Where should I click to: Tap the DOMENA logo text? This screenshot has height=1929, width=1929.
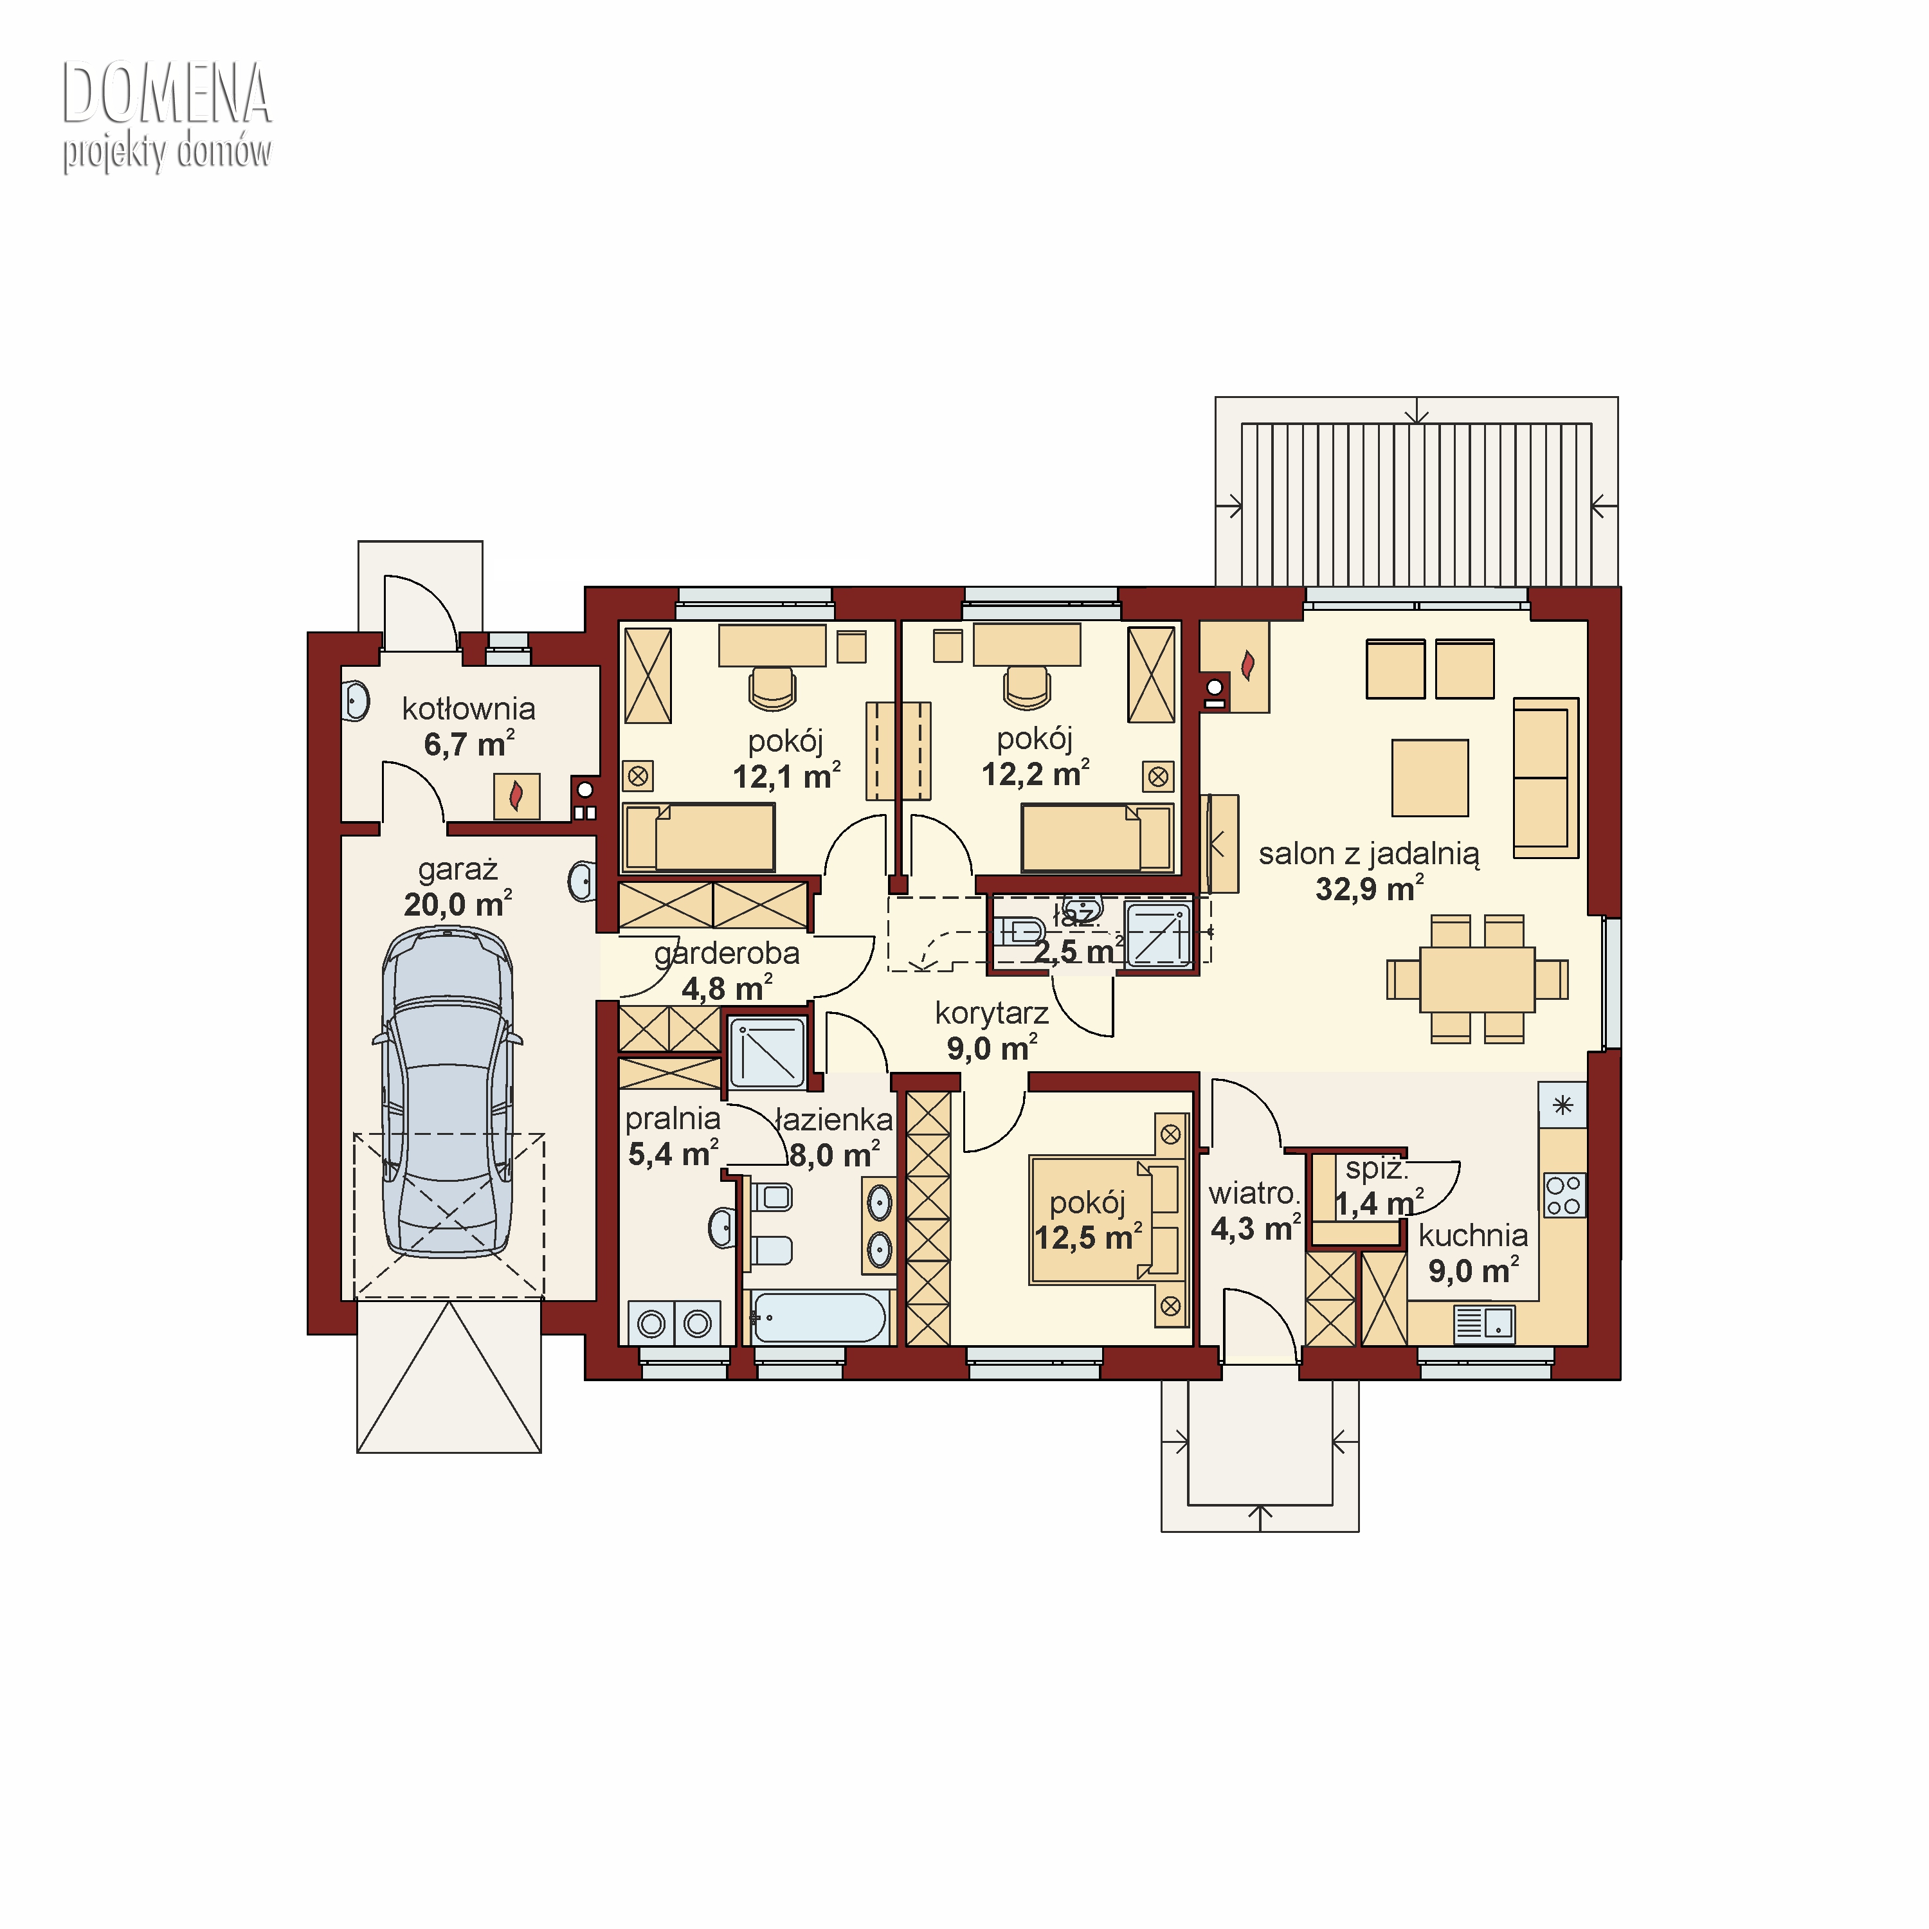point(167,94)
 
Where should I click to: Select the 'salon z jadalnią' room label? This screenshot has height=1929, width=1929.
point(1369,854)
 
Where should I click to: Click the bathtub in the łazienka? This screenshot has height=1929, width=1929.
point(819,1317)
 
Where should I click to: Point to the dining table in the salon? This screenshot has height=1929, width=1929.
point(1477,979)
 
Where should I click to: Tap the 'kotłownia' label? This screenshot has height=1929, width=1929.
point(468,709)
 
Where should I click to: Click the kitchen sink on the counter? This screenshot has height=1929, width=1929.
point(1485,1324)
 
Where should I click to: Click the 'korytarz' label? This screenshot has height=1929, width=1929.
point(992,1013)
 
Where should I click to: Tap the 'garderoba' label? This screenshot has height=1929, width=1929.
point(727,954)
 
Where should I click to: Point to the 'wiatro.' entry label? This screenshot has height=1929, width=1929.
point(1254,1193)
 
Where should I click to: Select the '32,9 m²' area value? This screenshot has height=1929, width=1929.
point(1369,889)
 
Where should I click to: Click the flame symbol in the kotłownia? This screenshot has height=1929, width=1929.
point(516,796)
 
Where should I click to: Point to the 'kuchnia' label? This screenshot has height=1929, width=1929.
point(1472,1235)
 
